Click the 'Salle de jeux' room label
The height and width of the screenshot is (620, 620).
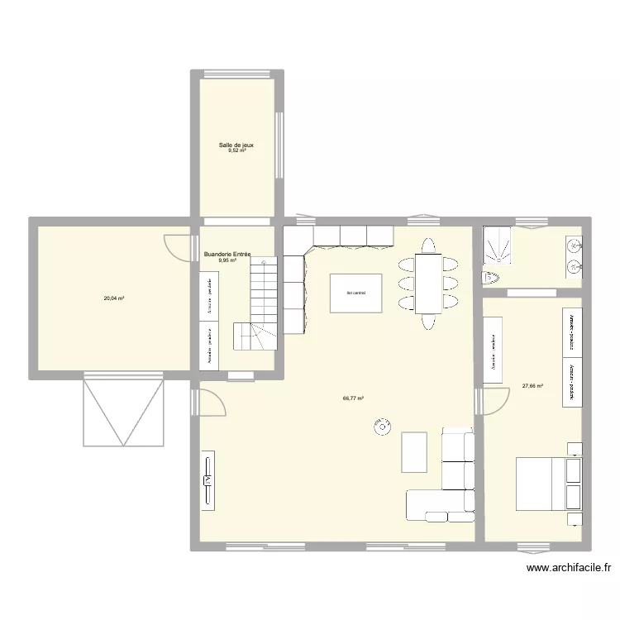point(236,145)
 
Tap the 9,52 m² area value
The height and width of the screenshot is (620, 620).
point(236,151)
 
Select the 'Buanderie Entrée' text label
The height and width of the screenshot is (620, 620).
point(227,254)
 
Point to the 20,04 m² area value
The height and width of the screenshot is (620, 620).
point(113,298)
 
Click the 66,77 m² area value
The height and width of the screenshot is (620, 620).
point(353,398)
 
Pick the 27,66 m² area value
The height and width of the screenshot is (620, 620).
point(532,385)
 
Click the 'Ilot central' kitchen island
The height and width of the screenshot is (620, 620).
point(356,293)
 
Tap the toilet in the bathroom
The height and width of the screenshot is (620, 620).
point(492,277)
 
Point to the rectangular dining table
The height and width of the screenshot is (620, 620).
point(428,284)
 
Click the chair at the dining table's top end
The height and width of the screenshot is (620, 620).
point(428,246)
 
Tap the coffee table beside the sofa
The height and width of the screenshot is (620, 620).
point(414,451)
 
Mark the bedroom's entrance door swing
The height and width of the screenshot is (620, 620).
point(493,401)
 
